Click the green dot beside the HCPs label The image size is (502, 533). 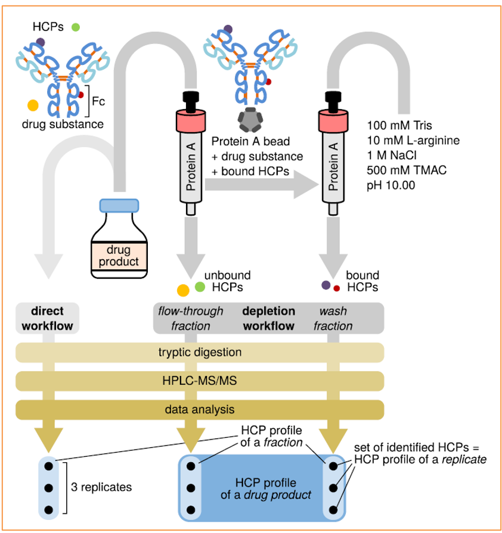coord(76,27)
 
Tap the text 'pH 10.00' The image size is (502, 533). coord(391,186)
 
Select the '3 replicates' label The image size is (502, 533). coord(101,487)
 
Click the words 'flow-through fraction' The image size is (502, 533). coord(191,318)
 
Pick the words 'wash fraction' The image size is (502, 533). coord(333,318)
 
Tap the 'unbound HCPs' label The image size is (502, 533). coord(227,282)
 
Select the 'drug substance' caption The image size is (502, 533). coord(63,124)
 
